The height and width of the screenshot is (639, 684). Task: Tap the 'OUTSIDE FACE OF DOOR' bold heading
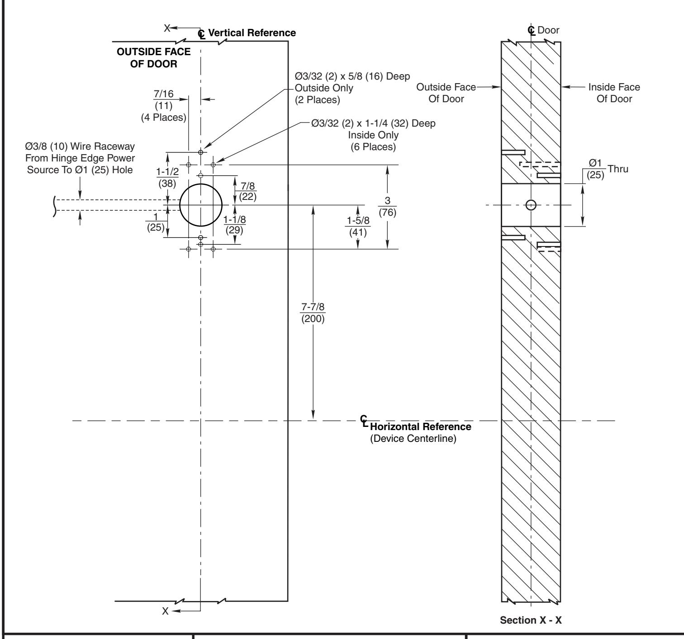click(x=152, y=58)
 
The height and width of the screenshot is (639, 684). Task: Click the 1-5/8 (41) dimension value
click(x=357, y=227)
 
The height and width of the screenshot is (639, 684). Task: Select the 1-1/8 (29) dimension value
click(x=235, y=224)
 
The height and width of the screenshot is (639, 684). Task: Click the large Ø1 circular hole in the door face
click(x=201, y=205)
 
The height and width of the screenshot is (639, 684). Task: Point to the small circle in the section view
click(x=532, y=205)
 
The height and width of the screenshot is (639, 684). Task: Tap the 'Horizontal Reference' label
click(x=420, y=426)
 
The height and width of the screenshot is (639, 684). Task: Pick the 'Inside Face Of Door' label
click(x=614, y=93)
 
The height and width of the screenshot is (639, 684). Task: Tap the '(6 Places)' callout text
click(x=373, y=147)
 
